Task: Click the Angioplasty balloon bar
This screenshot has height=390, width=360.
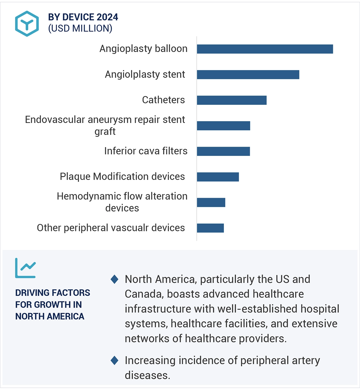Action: [x=265, y=49]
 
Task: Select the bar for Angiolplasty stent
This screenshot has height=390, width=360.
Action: [x=248, y=74]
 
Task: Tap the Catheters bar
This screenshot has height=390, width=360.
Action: [x=232, y=100]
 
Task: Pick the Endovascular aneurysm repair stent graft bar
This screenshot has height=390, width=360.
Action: [x=223, y=126]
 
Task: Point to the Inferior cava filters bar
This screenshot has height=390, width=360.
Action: [x=223, y=151]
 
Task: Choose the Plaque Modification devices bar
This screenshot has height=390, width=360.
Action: [x=218, y=177]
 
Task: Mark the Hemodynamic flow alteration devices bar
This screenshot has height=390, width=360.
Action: [x=211, y=202]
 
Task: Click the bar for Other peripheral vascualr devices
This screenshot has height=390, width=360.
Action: [x=210, y=228]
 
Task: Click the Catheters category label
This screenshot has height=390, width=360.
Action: [x=163, y=100]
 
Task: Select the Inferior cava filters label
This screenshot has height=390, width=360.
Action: [x=146, y=151]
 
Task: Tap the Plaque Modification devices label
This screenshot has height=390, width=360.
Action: [x=122, y=177]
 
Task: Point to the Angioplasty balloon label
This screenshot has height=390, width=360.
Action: [x=143, y=49]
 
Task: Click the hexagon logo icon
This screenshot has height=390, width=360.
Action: [x=27, y=24]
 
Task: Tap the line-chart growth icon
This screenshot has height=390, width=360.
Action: [x=26, y=268]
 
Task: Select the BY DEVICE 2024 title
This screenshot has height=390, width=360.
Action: [x=83, y=17]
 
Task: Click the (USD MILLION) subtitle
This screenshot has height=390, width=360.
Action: [x=80, y=28]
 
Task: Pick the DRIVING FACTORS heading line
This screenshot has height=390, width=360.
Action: [x=53, y=293]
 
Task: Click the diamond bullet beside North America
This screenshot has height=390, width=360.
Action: [x=114, y=279]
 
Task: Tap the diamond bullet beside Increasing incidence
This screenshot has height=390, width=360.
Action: [x=114, y=360]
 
